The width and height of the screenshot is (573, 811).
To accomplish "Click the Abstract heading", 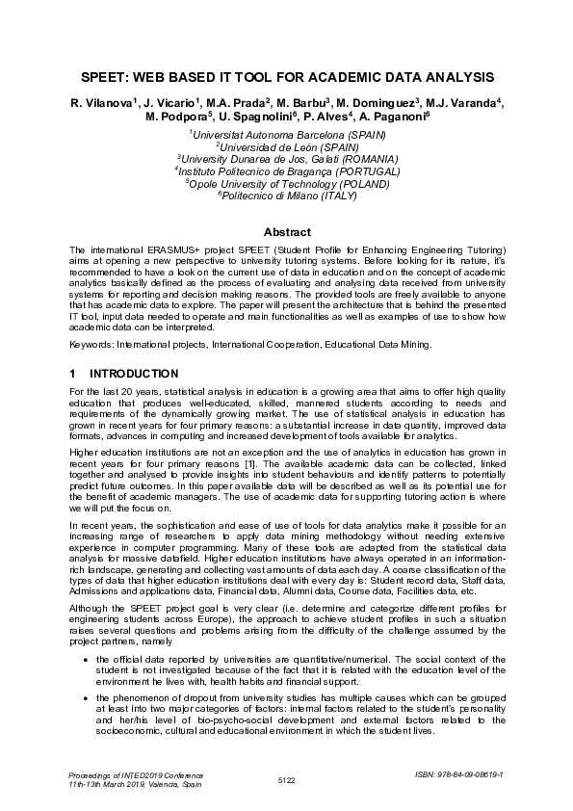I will pyautogui.click(x=287, y=232).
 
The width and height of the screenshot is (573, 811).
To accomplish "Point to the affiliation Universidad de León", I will pyautogui.click(x=287, y=147).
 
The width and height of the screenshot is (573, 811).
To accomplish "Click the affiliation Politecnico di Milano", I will pyautogui.click(x=287, y=194).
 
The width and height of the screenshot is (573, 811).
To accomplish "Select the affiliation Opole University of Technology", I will pyautogui.click(x=287, y=182).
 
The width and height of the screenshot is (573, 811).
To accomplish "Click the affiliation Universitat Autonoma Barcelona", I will pyautogui.click(x=287, y=136).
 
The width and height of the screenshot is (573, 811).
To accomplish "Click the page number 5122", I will pyautogui.click(x=286, y=778).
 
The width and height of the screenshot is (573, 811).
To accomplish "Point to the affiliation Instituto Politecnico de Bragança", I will pyautogui.click(x=287, y=170).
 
